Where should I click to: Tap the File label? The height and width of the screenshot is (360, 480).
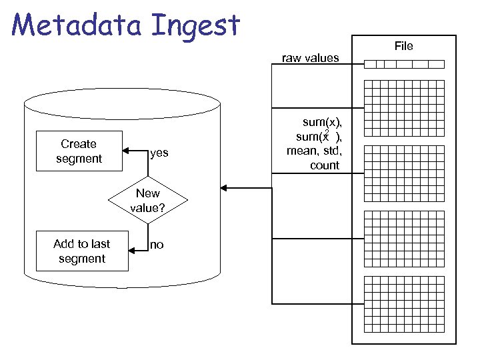pyautogui.click(x=403, y=46)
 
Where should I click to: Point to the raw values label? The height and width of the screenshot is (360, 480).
pyautogui.click(x=310, y=58)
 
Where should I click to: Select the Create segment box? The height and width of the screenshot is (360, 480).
pyautogui.click(x=79, y=151)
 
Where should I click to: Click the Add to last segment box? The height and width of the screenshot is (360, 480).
pyautogui.click(x=81, y=251)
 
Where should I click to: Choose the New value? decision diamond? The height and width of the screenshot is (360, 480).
pyautogui.click(x=147, y=200)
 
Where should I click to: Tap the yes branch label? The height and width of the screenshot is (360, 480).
pyautogui.click(x=159, y=153)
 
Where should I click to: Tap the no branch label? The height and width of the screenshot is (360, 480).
pyautogui.click(x=157, y=245)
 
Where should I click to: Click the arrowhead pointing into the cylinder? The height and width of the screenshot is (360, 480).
pyautogui.click(x=224, y=189)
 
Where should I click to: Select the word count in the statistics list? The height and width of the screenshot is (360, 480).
pyautogui.click(x=325, y=165)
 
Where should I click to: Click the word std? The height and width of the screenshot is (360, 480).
pyautogui.click(x=331, y=151)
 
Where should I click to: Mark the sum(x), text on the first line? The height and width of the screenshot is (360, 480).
pyautogui.click(x=322, y=122)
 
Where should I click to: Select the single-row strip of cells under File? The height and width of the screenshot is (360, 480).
pyautogui.click(x=404, y=65)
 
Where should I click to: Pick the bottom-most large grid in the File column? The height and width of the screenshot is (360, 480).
pyautogui.click(x=404, y=302)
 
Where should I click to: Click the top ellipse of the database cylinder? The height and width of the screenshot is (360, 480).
pyautogui.click(x=121, y=104)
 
